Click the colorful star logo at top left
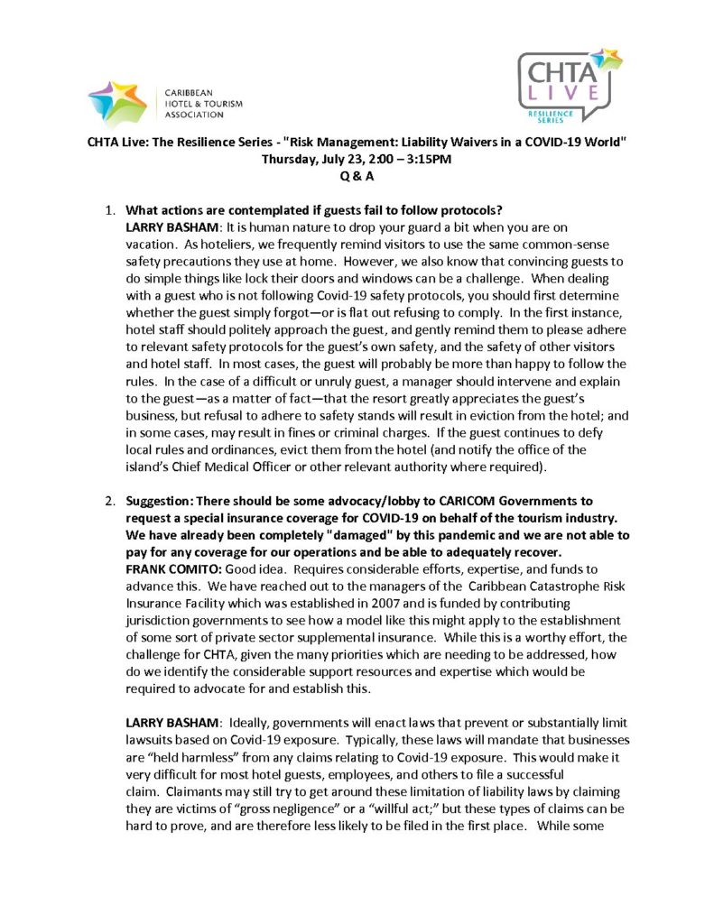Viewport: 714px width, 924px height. tap(117, 102)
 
